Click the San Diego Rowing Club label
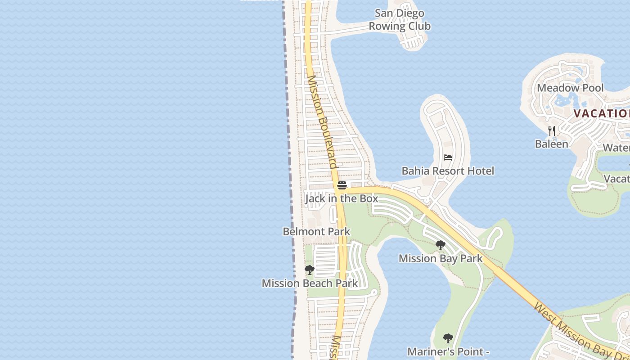click(x=400, y=20)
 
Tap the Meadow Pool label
click(x=570, y=88)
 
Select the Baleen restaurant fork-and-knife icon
click(x=552, y=131)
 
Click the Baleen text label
click(x=551, y=144)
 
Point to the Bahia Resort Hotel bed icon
click(x=448, y=157)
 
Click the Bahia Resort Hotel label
click(x=448, y=171)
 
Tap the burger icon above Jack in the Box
click(x=342, y=185)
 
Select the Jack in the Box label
click(x=342, y=198)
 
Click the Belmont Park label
click(x=316, y=232)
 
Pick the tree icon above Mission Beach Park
click(x=310, y=270)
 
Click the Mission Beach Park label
click(x=310, y=283)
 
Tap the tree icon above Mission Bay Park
click(x=441, y=245)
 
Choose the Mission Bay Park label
click(x=441, y=258)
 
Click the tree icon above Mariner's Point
click(x=448, y=338)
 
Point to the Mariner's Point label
click(x=448, y=351)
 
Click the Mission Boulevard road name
click(x=322, y=121)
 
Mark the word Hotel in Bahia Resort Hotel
click(x=481, y=171)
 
